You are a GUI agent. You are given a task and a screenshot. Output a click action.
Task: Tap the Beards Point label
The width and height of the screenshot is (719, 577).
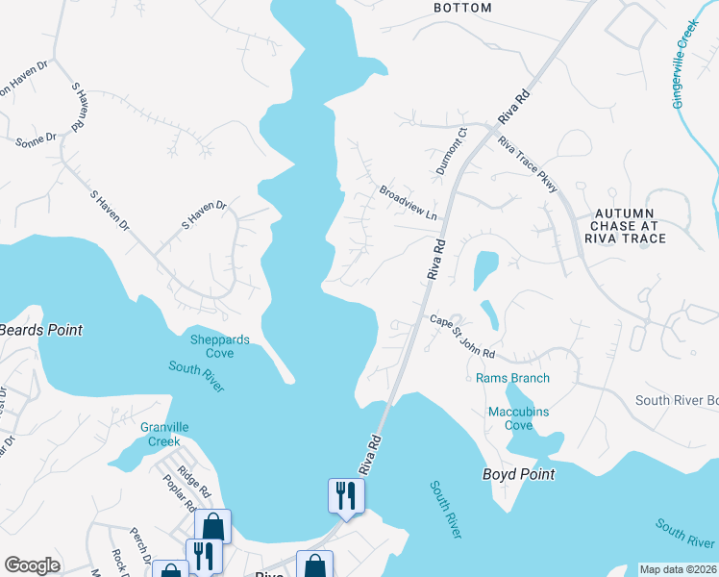tap(40, 330)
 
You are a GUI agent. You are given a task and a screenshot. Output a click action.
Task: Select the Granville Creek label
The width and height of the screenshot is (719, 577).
tap(161, 435)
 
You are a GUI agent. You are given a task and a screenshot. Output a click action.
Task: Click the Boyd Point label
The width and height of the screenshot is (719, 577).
tap(517, 474)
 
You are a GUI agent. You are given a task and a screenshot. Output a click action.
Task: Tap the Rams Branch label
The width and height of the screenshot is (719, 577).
tap(512, 378)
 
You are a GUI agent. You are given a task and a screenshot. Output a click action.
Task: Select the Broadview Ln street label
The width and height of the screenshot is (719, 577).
tap(408, 202)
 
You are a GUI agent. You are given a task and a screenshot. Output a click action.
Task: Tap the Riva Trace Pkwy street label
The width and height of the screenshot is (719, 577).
tap(528, 163)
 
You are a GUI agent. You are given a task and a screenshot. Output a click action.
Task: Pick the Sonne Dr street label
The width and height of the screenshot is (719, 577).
tap(37, 142)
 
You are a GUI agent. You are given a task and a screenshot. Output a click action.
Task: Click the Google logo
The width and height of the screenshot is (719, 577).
tap(32, 565)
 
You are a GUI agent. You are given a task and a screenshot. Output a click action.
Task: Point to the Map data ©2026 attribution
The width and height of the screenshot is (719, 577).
tap(678, 569)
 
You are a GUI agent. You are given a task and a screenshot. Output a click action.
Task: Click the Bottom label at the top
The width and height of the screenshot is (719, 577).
tap(462, 8)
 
